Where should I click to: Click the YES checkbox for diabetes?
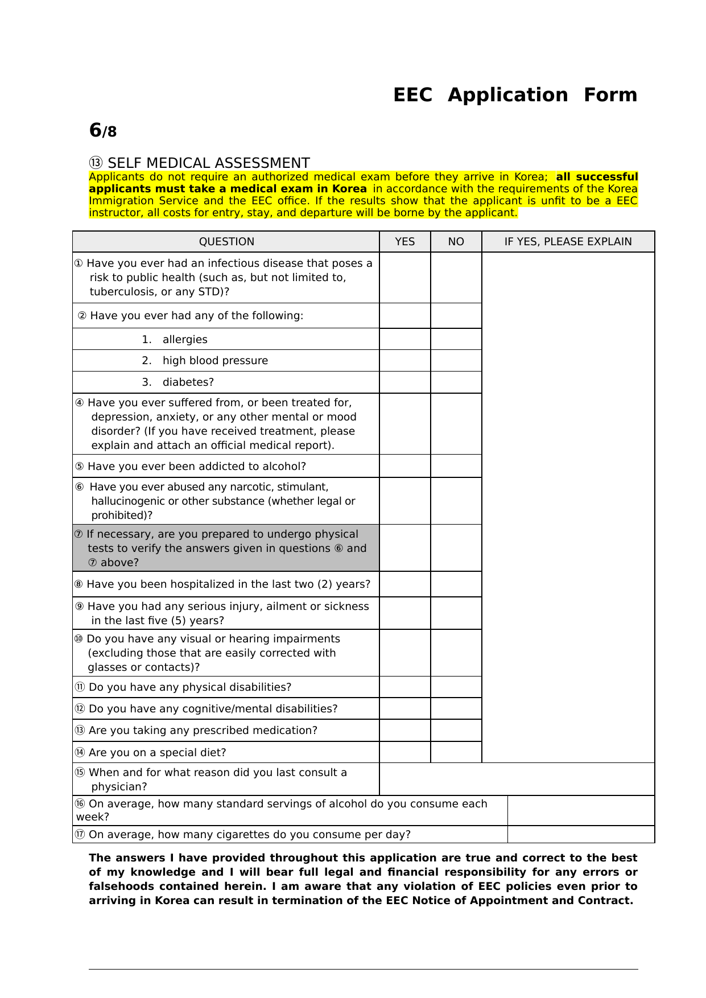tap(404, 382)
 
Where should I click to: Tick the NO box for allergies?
tap(456, 339)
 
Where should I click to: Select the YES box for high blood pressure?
tap(404, 361)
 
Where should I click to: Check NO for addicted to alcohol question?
tap(456, 466)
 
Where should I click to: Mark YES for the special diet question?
tap(404, 752)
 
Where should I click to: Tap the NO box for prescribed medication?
tap(456, 731)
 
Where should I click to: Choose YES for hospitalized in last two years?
tap(404, 584)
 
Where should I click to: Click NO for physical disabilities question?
tap(456, 687)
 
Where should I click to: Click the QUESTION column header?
tap(226, 242)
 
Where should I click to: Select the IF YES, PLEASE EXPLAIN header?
tap(568, 242)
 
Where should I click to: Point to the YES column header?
tap(404, 242)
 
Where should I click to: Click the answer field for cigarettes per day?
tap(580, 835)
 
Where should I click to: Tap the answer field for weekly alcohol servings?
tap(580, 811)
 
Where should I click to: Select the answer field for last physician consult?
tap(517, 780)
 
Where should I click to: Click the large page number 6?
tap(95, 130)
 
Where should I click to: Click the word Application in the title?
tap(507, 95)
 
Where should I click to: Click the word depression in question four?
tap(120, 417)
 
